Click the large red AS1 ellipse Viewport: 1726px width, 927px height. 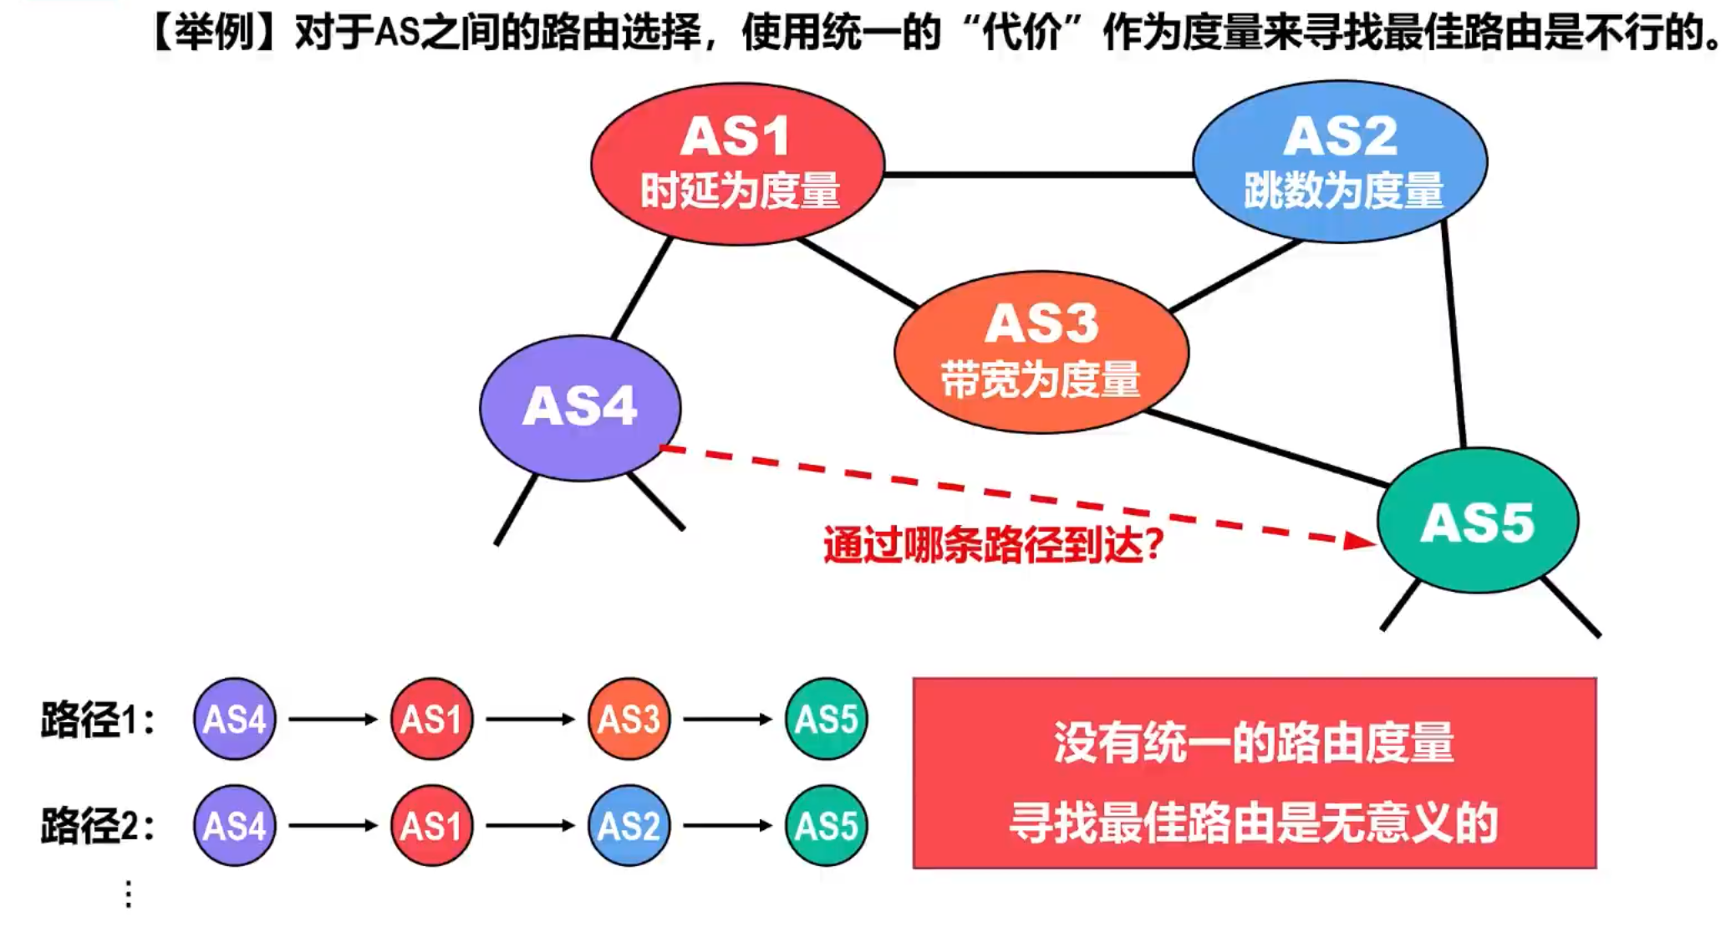(x=737, y=163)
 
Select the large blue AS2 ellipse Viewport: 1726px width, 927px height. (x=1340, y=161)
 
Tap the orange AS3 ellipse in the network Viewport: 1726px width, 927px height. (x=1041, y=351)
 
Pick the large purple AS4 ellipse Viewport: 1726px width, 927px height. (x=580, y=407)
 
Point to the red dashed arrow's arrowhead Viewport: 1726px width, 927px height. (x=1359, y=542)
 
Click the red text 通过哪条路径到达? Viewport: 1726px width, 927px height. (x=993, y=545)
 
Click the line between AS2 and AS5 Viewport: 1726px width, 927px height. (x=1454, y=334)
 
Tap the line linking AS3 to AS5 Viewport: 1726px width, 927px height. (x=1266, y=449)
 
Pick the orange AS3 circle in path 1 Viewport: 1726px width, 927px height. (x=629, y=719)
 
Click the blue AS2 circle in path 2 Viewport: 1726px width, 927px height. (x=629, y=826)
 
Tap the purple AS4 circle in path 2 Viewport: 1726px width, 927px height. (x=235, y=826)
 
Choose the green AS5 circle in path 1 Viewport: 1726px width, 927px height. (x=826, y=719)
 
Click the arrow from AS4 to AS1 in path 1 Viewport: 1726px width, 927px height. (x=333, y=719)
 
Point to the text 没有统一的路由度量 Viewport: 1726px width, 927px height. (x=1254, y=742)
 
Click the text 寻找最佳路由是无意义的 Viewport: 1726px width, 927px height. (x=1254, y=823)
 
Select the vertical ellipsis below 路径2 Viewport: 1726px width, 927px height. (x=129, y=894)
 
